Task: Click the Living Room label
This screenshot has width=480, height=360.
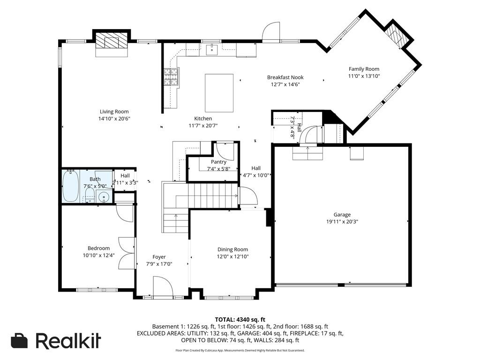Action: click(114, 112)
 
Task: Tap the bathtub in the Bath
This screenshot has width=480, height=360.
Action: click(71, 186)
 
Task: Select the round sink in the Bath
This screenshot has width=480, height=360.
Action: click(104, 197)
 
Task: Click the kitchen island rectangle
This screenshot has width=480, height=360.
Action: click(219, 93)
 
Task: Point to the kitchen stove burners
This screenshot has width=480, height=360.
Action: click(171, 78)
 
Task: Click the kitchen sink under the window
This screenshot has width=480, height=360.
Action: click(211, 49)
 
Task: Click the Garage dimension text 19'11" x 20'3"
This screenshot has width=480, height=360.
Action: click(342, 222)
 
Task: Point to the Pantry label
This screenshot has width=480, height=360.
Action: click(218, 162)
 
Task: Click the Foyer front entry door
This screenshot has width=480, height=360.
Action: click(163, 286)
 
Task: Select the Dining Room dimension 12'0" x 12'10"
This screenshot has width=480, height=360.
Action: click(232, 256)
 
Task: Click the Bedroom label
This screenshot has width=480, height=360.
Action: click(98, 248)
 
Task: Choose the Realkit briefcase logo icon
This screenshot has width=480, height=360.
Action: click(19, 341)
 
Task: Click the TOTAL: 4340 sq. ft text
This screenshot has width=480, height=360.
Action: click(240, 320)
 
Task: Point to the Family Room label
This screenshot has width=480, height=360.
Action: click(364, 69)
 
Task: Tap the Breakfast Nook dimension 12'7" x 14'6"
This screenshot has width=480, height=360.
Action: click(285, 84)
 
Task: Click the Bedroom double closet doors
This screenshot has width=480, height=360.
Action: click(127, 253)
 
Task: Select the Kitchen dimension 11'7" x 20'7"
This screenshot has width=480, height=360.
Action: click(203, 126)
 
